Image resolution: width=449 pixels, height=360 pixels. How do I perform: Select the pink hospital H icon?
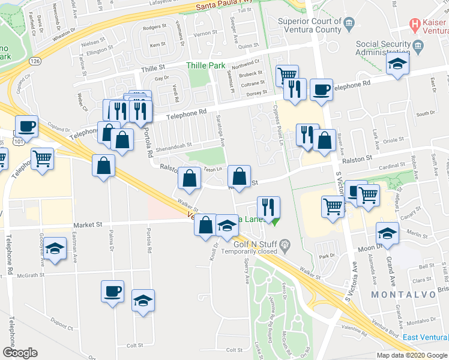pyautogui.click(x=414, y=25)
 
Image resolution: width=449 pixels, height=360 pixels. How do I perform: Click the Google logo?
pyautogui.click(x=20, y=353)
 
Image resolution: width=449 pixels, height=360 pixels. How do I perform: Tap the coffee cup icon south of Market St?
pyautogui.click(x=113, y=292)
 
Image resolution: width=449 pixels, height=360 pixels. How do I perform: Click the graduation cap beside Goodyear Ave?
pyautogui.click(x=55, y=248)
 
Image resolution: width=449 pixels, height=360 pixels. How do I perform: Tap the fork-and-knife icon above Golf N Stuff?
pyautogui.click(x=268, y=207)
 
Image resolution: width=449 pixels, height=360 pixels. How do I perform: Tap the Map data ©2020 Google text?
pyautogui.click(x=411, y=355)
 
